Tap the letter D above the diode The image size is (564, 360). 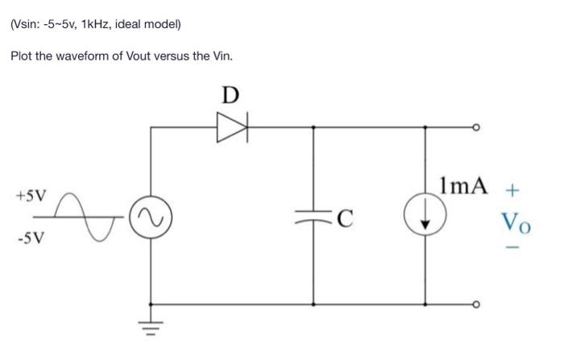(x=230, y=95)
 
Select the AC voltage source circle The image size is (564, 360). (x=151, y=215)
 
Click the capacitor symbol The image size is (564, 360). (x=313, y=215)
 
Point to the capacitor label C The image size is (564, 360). (x=344, y=216)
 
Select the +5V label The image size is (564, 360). (x=31, y=195)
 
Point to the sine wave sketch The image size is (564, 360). (x=90, y=216)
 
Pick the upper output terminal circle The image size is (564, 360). (x=476, y=127)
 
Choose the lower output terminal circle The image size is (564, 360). (x=476, y=305)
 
